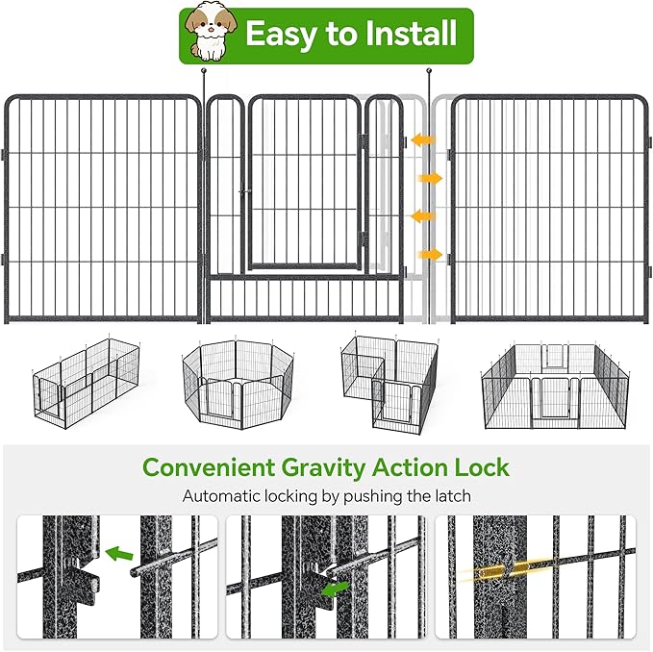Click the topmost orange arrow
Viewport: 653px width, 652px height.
click(422, 140)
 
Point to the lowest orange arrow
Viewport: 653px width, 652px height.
click(430, 255)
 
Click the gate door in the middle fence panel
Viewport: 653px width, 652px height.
click(303, 183)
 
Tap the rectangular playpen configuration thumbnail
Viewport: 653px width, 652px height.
click(85, 385)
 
